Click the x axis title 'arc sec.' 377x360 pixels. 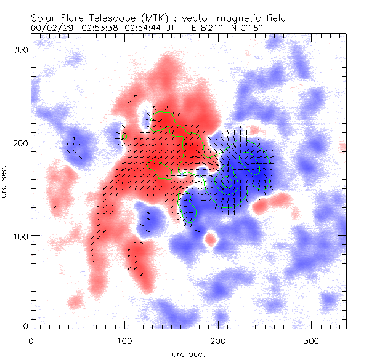coord(188,353)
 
